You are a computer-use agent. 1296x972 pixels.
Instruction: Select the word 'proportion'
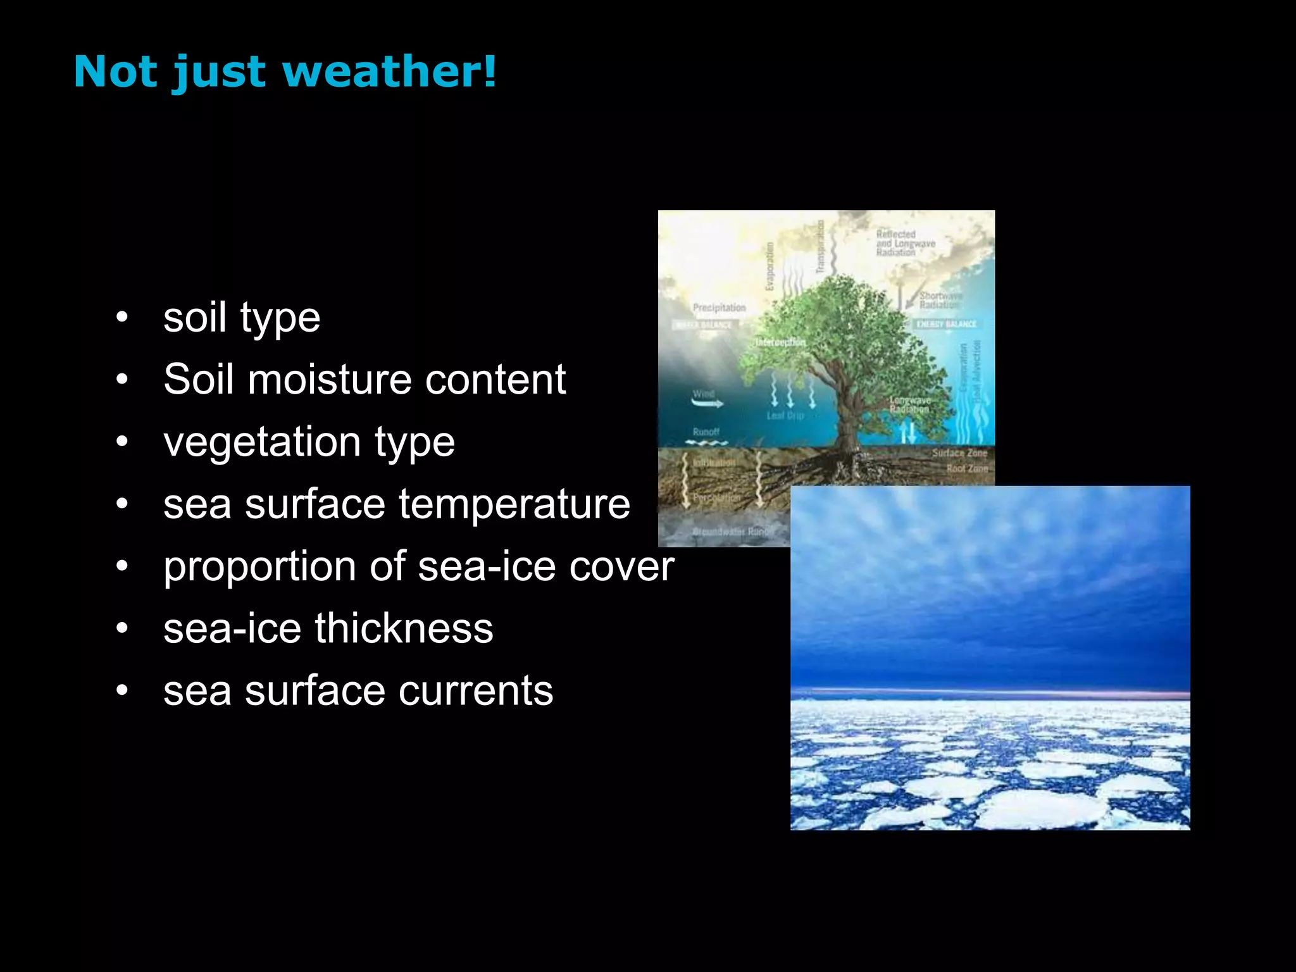pos(259,566)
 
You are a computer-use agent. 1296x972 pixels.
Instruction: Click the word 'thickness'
pos(404,628)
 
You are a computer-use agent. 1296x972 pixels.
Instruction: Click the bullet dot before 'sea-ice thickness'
pos(122,628)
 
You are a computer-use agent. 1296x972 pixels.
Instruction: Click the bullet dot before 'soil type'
pos(122,317)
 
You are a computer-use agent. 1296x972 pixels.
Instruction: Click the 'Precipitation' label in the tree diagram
pos(719,308)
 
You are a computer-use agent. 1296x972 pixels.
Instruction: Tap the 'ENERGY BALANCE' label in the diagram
pos(946,324)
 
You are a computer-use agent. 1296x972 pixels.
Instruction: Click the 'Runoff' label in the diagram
pos(706,432)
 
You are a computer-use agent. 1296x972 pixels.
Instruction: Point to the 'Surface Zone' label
pos(959,453)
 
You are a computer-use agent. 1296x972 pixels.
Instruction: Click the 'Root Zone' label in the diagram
pos(966,468)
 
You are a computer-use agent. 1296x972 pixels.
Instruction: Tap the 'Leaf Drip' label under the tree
pos(785,416)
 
